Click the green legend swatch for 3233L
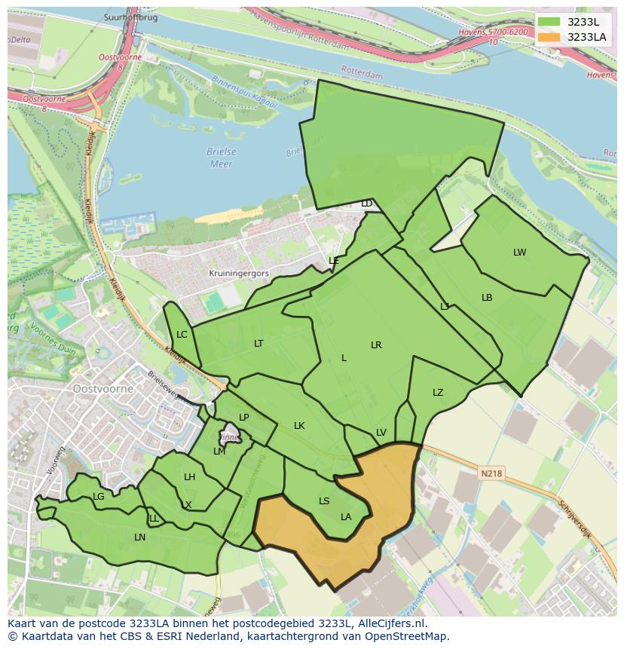(549, 22)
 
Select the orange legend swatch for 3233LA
(549, 37)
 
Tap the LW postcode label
(519, 253)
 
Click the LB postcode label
(487, 298)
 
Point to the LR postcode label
(376, 345)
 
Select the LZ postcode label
(438, 393)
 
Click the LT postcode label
(258, 344)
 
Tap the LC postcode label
(182, 335)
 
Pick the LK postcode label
(299, 426)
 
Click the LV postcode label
(381, 433)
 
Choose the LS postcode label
(324, 501)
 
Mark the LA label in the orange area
(346, 517)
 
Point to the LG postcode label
(99, 497)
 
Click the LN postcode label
(139, 537)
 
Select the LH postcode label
(189, 477)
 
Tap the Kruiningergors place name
(239, 274)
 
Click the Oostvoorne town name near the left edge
(103, 389)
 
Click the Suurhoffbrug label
(132, 17)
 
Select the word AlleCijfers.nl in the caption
(391, 623)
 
